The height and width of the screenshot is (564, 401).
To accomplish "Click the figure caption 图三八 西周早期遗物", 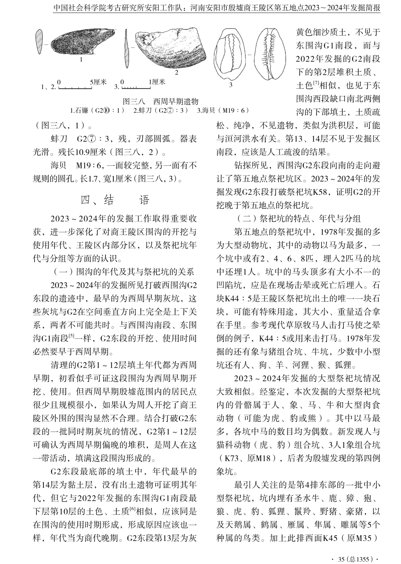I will point(160,101).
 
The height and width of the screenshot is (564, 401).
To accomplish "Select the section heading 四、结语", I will point(115,200).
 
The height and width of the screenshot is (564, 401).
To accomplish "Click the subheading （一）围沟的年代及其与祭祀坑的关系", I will point(124,272).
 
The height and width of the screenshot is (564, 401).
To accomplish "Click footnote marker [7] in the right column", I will point(316,83).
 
